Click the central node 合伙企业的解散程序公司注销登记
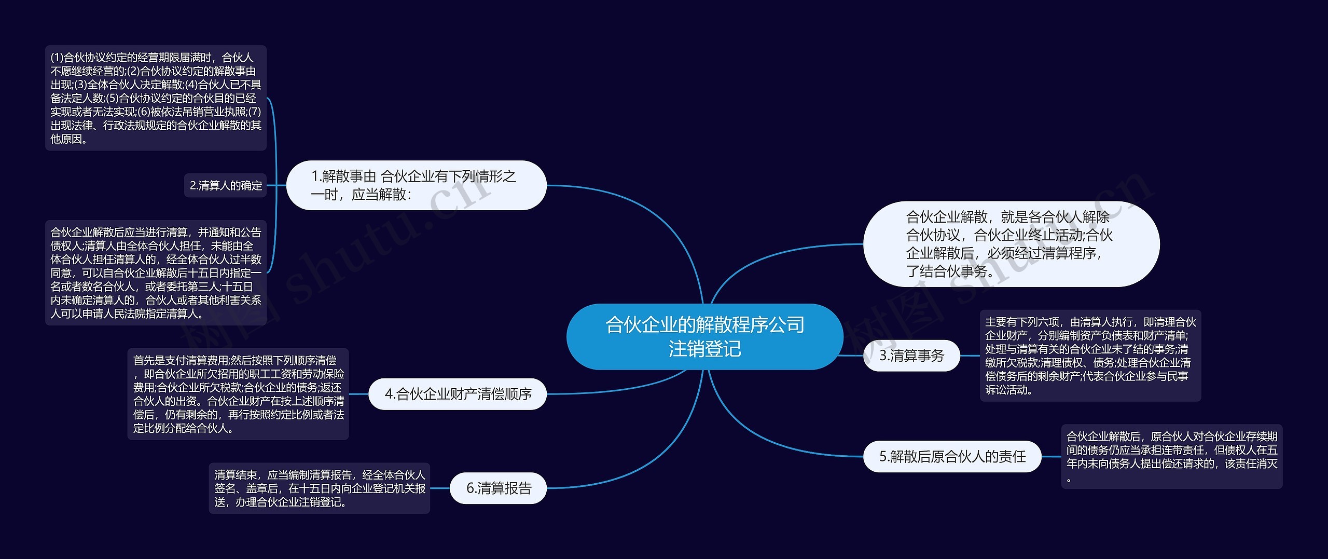pos(704,336)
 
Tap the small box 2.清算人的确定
pos(226,185)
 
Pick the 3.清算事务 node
pos(911,356)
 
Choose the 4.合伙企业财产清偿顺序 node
pos(458,394)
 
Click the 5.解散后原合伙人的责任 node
pos(952,456)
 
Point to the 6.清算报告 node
pos(499,488)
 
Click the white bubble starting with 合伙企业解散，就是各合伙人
pos(1011,244)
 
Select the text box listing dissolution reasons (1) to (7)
pos(156,98)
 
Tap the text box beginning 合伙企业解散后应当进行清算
pos(156,272)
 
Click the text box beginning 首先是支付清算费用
pos(238,394)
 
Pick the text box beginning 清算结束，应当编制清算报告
pos(320,488)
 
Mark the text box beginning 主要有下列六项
pos(1090,356)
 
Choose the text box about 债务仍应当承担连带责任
pos(1171,456)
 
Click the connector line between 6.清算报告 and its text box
pos(440,488)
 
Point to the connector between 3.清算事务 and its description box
pos(970,356)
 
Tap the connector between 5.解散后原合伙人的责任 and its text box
pos(1051,457)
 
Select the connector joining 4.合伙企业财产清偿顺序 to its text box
pos(358,394)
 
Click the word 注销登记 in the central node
pos(704,349)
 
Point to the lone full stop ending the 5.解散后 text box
pos(1069,481)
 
